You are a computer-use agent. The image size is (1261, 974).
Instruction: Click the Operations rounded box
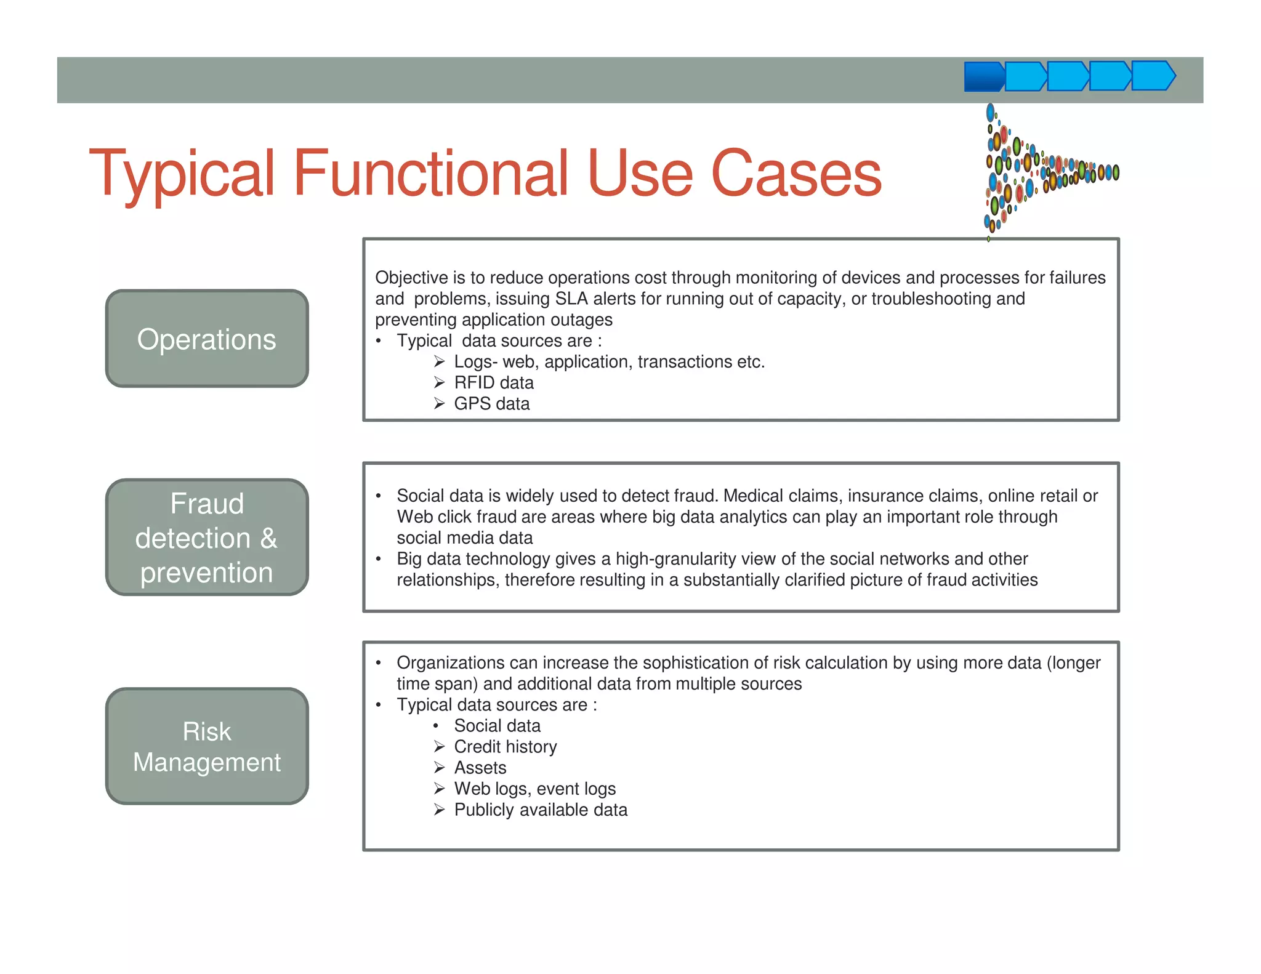point(207,339)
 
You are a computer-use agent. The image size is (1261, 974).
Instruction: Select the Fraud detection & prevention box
point(207,537)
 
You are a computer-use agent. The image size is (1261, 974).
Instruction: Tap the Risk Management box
point(207,746)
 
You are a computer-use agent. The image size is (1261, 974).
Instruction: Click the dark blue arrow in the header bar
point(983,77)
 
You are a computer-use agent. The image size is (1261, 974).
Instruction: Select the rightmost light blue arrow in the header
point(1153,76)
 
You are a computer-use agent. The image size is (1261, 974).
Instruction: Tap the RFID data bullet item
point(493,383)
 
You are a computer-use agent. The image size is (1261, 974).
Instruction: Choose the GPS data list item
point(491,404)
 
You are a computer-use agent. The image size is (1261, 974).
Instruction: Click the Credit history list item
point(505,747)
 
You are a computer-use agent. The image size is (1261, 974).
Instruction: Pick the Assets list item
point(480,768)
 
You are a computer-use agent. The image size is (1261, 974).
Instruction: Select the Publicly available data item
point(541,810)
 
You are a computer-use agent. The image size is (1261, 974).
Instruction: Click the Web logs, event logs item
point(534,789)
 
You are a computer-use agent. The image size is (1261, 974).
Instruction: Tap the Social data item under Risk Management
point(497,726)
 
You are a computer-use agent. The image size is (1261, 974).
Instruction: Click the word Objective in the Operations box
point(411,278)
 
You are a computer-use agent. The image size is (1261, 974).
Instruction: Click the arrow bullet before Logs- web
point(439,362)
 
